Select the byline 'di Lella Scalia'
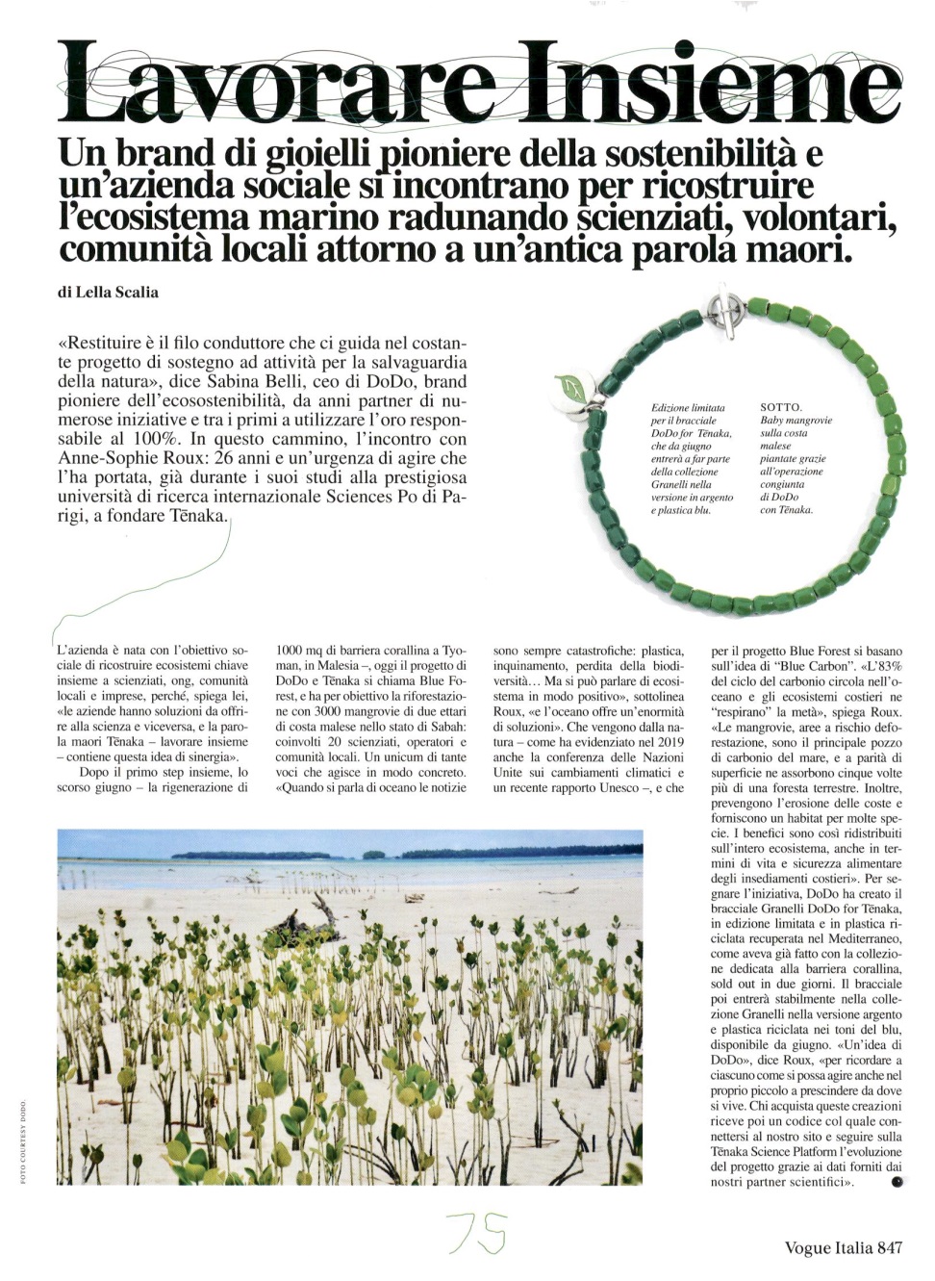pos(108,292)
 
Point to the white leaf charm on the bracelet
pos(574,388)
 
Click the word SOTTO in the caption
pos(780,407)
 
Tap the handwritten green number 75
pos(478,1233)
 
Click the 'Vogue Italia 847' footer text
pos(844,1247)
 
